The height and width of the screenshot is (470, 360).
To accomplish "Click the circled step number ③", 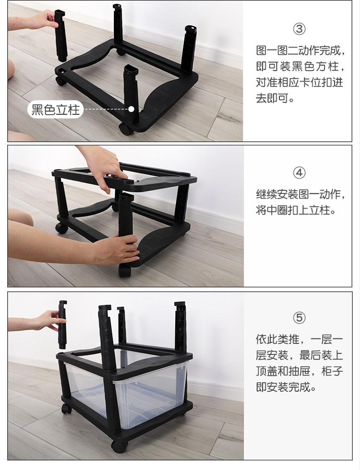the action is [x=299, y=29].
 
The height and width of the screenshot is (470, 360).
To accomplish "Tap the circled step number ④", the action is [x=299, y=173].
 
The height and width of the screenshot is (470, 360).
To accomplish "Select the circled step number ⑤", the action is [x=299, y=318].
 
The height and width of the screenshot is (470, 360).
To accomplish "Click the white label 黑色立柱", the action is [x=56, y=109].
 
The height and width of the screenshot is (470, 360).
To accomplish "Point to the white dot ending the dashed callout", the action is [x=132, y=109].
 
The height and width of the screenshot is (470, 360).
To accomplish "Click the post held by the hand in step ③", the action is [x=60, y=34].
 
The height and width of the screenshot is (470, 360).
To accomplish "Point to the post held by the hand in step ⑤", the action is [x=62, y=325].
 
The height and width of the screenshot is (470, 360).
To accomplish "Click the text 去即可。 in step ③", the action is [x=275, y=98].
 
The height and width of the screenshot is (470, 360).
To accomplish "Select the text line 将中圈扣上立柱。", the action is [x=296, y=210].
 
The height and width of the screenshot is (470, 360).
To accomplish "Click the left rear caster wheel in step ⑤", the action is [x=67, y=408].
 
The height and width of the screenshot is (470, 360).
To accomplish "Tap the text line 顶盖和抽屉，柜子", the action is [x=299, y=372].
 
